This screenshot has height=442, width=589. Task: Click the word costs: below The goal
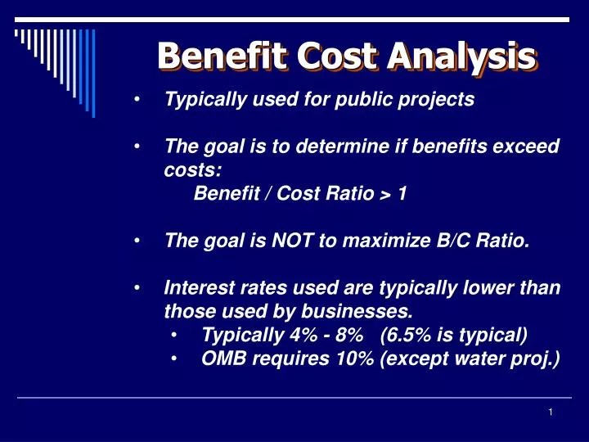[192, 170]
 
